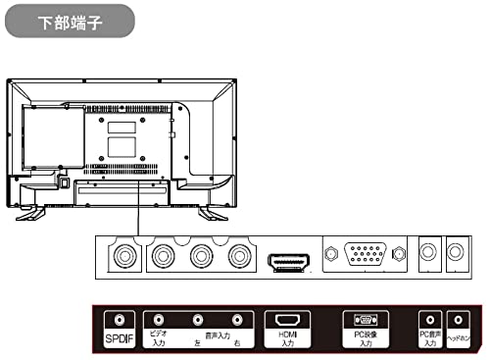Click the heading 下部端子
click(x=68, y=21)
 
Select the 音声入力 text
click(x=219, y=334)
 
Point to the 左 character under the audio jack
click(x=197, y=342)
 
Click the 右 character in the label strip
click(x=236, y=342)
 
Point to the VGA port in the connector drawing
click(x=367, y=256)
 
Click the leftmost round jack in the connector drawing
click(x=122, y=256)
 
